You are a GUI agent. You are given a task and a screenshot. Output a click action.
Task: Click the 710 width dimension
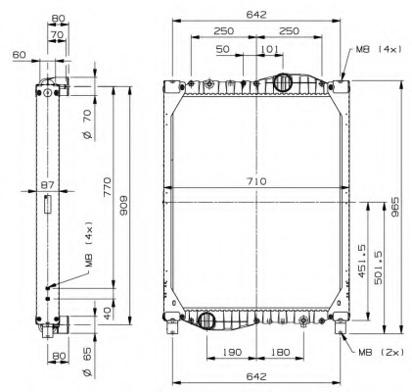[x=256, y=181]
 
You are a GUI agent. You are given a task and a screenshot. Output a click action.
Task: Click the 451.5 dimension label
[x=361, y=261]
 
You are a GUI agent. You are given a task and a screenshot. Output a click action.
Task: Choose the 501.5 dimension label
[x=377, y=265]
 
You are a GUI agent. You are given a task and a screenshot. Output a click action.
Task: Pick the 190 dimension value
[x=231, y=352]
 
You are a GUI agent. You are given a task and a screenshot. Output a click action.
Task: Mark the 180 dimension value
[x=279, y=352]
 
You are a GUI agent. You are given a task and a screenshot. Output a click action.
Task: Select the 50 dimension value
[x=224, y=48]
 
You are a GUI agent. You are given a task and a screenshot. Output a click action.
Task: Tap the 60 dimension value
[x=18, y=55]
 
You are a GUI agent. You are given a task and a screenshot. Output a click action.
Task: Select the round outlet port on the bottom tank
[x=206, y=319]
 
